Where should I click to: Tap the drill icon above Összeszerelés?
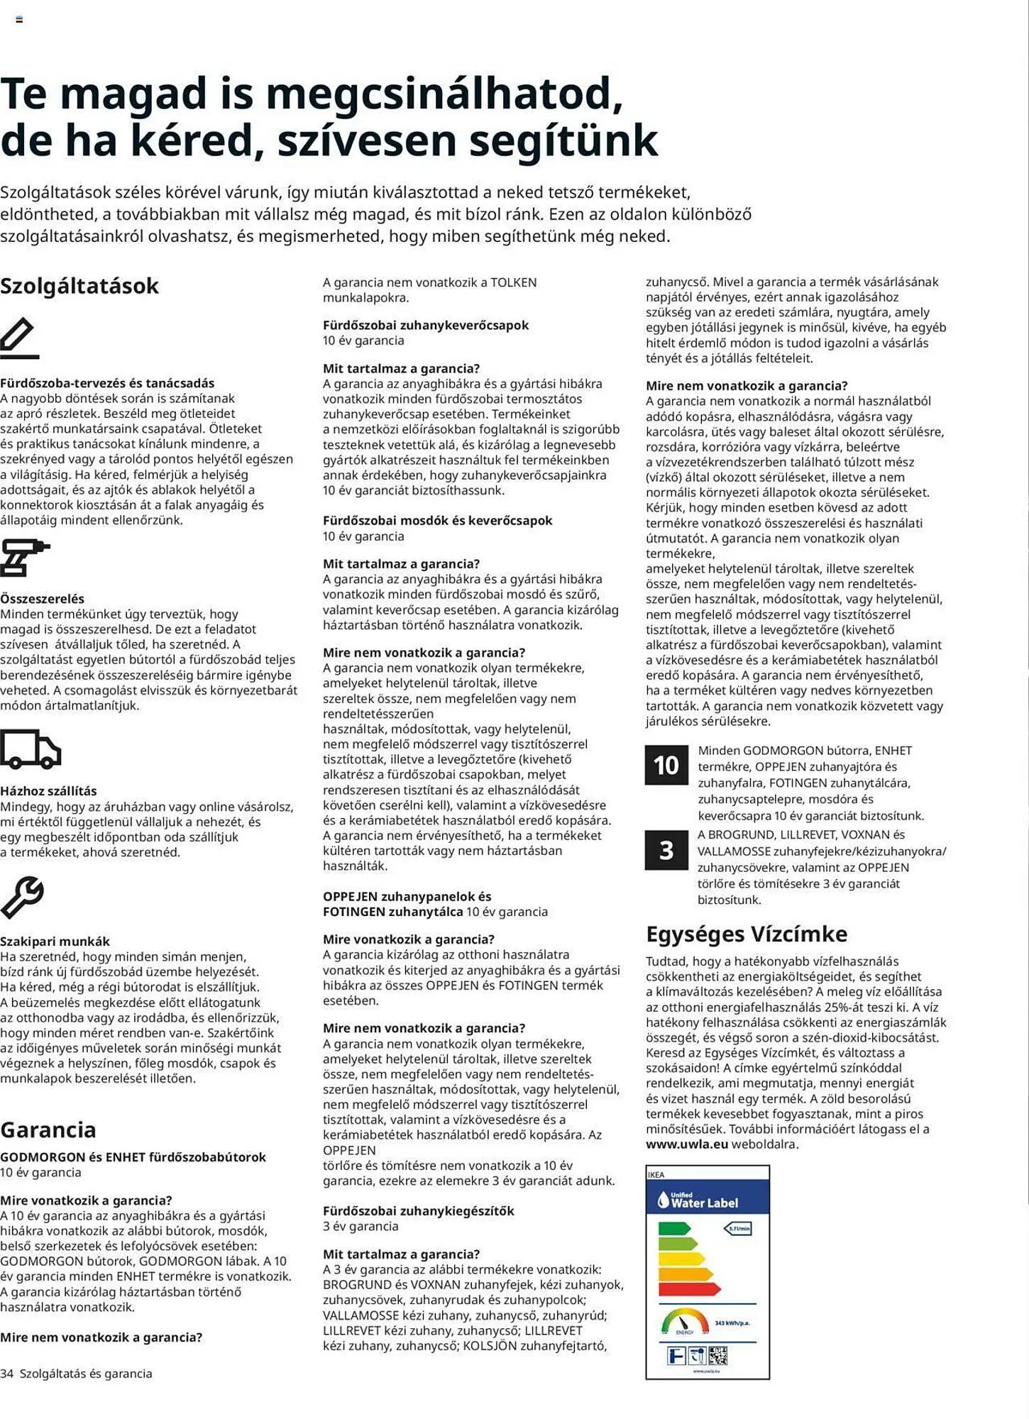coord(24,557)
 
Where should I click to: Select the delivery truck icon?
coord(31,749)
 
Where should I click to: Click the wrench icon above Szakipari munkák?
coord(22,898)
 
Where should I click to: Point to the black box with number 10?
coord(666,765)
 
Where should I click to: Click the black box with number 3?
coord(666,850)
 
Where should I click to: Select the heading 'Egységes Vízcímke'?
coord(747,934)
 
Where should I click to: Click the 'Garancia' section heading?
coord(48,1130)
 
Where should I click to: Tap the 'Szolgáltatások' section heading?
coord(79,286)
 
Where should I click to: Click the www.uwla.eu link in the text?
coord(687,1144)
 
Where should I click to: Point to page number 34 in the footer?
coord(7,1374)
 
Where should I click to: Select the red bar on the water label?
coord(689,1289)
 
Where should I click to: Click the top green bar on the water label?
coord(673,1228)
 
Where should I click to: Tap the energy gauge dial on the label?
coord(685,1322)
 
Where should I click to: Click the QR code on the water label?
coord(717,1356)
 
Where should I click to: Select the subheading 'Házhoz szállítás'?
coord(48,791)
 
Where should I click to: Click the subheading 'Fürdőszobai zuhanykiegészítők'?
coord(419,1211)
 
